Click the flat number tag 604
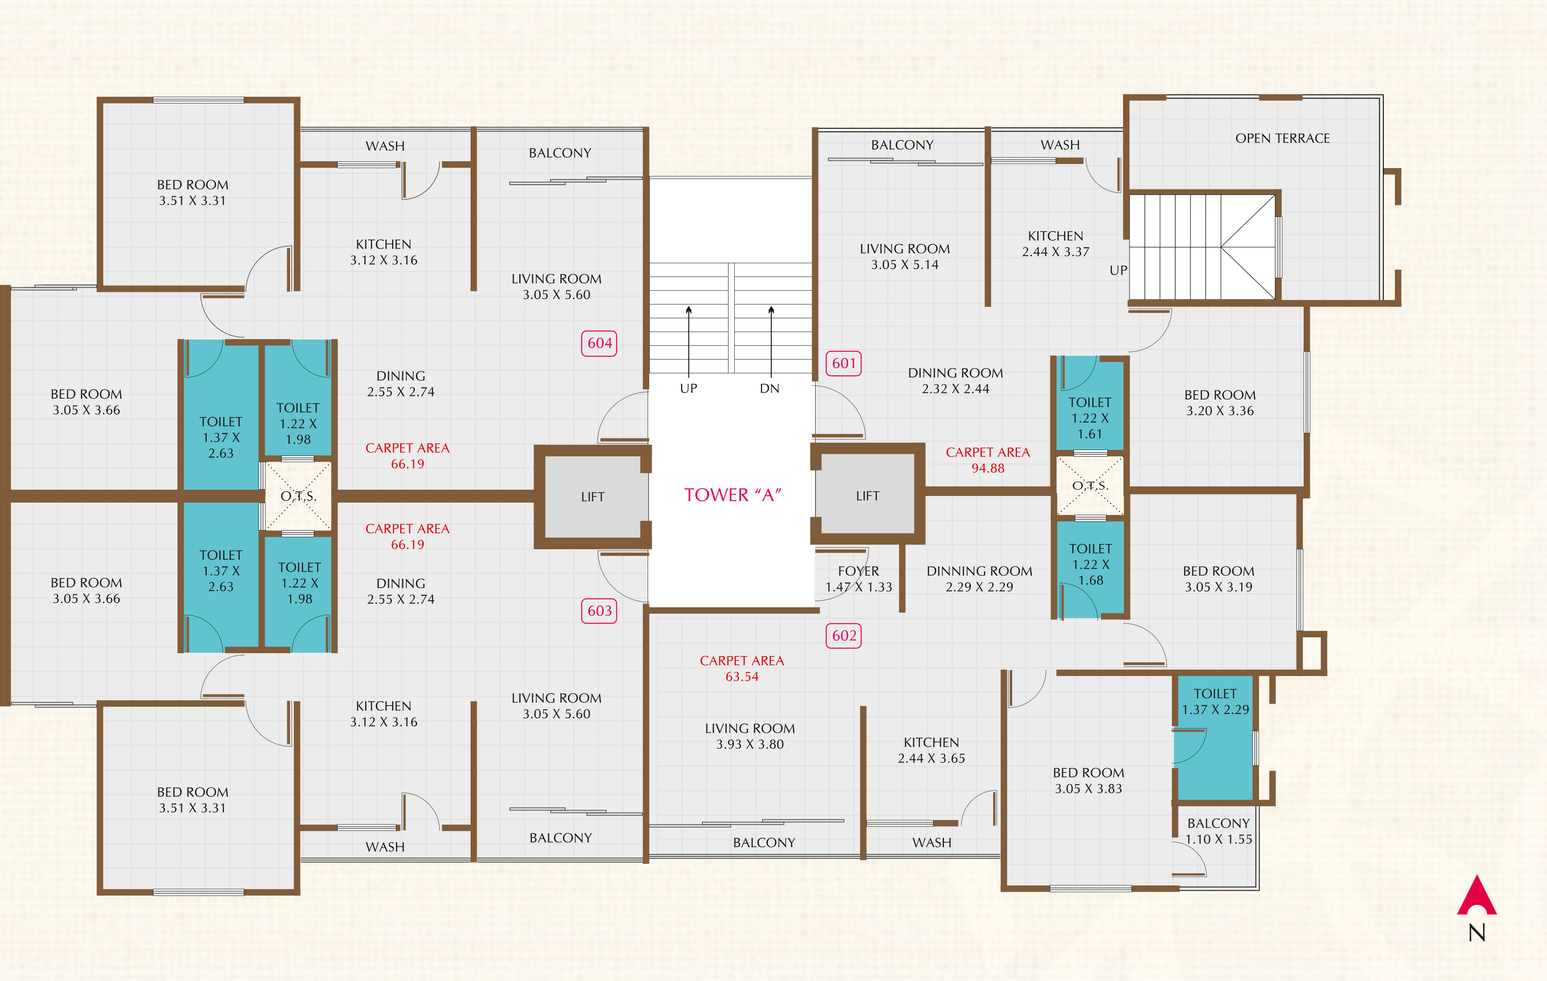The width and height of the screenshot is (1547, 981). point(599,343)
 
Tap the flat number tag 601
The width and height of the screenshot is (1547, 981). point(844,363)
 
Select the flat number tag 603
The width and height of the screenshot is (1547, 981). point(599,611)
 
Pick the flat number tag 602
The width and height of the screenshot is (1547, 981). point(844,636)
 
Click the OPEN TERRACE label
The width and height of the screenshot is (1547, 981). point(1282,138)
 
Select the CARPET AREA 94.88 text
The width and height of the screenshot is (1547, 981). point(987,460)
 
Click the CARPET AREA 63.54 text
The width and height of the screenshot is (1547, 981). point(742,669)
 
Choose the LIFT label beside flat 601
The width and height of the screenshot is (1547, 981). point(867,496)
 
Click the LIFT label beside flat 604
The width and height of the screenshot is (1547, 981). point(592,497)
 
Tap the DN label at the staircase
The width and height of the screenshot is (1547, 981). point(770,388)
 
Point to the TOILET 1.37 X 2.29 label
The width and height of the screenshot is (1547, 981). point(1216,702)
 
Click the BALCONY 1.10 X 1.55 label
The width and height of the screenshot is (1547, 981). point(1219,831)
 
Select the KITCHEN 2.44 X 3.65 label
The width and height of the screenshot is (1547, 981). point(931,750)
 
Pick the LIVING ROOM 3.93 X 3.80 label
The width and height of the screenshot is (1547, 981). point(750,736)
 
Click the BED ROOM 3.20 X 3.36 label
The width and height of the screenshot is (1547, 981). point(1220,402)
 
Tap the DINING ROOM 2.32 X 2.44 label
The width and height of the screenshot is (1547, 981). point(955,380)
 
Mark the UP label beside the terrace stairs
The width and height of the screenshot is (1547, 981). point(1119,270)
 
